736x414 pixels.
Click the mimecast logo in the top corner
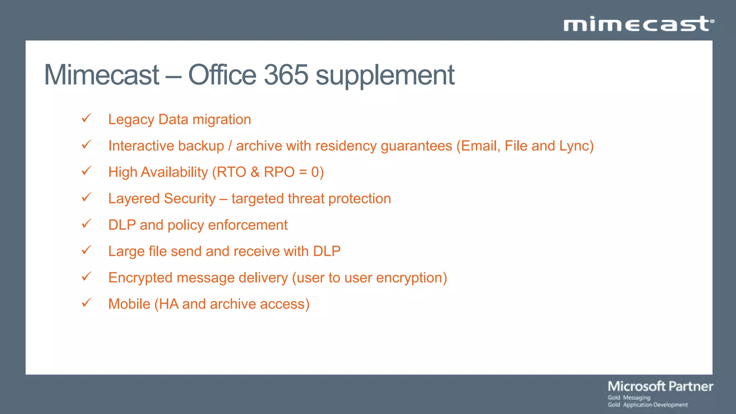(x=639, y=24)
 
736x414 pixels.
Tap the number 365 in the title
(x=286, y=75)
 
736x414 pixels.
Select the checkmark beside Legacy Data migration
(x=87, y=118)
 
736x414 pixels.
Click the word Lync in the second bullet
(x=574, y=146)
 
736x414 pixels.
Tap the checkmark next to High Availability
(x=87, y=171)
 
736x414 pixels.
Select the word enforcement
(x=248, y=225)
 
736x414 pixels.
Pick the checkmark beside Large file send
(x=87, y=250)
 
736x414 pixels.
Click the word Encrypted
(x=141, y=278)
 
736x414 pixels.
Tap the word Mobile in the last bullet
(x=129, y=304)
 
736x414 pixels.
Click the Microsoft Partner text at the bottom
(x=660, y=386)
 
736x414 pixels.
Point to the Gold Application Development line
(x=648, y=405)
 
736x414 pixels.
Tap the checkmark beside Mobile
(x=87, y=303)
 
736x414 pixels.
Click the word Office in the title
(x=222, y=75)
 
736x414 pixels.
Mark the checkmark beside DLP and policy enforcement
(x=87, y=224)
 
